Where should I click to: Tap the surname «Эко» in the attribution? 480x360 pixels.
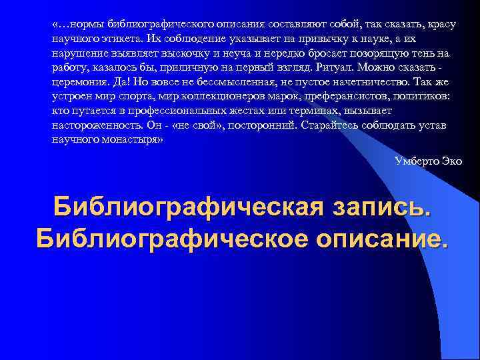[452, 161]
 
